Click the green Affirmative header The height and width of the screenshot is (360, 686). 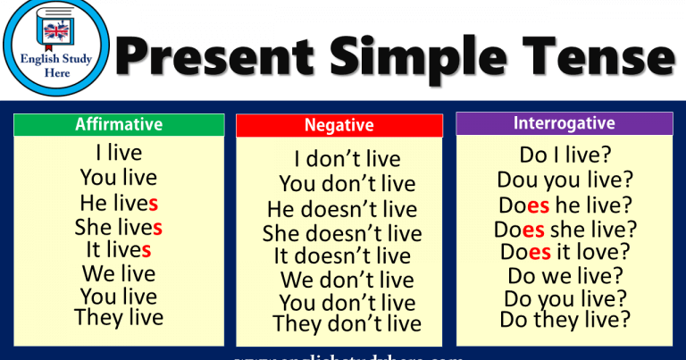119,125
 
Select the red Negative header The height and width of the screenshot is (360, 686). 339,126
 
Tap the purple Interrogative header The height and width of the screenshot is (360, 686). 564,123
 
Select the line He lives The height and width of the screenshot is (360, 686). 119,203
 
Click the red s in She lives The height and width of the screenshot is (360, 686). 157,227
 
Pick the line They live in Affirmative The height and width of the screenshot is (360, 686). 119,317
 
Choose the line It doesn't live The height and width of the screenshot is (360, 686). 342,256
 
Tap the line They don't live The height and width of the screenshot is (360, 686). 347,323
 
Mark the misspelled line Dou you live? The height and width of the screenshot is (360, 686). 565,180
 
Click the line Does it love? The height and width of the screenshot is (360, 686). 565,252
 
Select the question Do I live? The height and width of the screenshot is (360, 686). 564,154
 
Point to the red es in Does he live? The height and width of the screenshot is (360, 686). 538,205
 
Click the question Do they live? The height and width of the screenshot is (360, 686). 565,318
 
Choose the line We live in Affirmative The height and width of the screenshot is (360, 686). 119,273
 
